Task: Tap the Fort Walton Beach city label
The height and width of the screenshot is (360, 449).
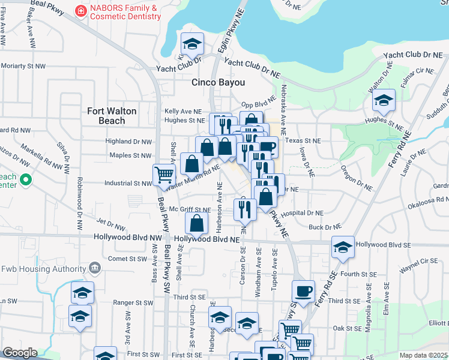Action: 112,116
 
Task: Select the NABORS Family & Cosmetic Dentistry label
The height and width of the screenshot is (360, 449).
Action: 125,13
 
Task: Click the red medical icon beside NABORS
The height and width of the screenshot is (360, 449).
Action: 79,11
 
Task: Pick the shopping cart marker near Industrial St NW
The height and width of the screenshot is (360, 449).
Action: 163,175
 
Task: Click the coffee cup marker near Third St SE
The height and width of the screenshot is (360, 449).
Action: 303,292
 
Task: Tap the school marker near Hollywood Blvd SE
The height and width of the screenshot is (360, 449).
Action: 343,247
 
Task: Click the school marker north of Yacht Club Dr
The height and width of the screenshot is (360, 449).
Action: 192,43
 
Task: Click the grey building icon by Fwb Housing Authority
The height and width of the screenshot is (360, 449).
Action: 94,267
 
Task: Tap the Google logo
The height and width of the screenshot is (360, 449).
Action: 19,352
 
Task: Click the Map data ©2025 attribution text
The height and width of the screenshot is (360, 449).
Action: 424,355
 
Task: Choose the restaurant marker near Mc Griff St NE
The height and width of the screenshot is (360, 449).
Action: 245,209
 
